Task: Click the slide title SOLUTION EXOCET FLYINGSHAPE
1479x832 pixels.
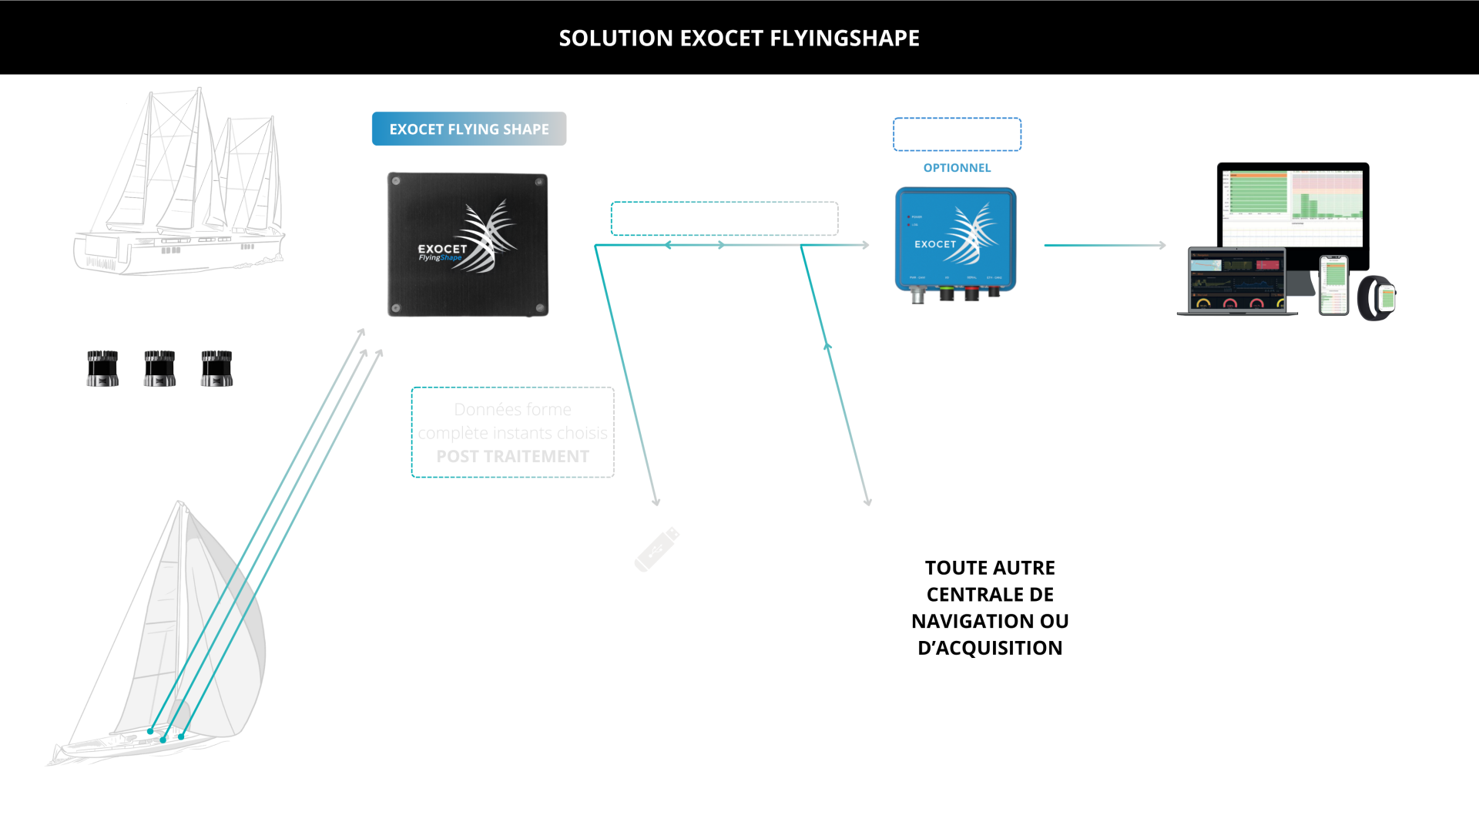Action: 739,38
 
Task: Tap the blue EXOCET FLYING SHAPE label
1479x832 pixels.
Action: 468,129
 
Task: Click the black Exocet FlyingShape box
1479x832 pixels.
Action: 468,244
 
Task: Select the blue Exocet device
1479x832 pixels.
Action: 955,240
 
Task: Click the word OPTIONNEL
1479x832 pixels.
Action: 957,168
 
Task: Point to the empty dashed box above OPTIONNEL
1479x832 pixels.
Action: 957,135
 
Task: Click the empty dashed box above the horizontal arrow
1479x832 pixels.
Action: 723,218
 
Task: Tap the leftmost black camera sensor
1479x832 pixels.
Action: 102,368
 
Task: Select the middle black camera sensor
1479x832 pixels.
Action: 159,368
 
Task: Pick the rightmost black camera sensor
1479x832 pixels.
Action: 216,368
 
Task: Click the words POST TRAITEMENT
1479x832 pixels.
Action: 512,456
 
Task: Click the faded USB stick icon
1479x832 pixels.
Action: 656,549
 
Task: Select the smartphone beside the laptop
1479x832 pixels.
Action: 1334,285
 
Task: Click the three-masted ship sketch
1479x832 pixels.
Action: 181,185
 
